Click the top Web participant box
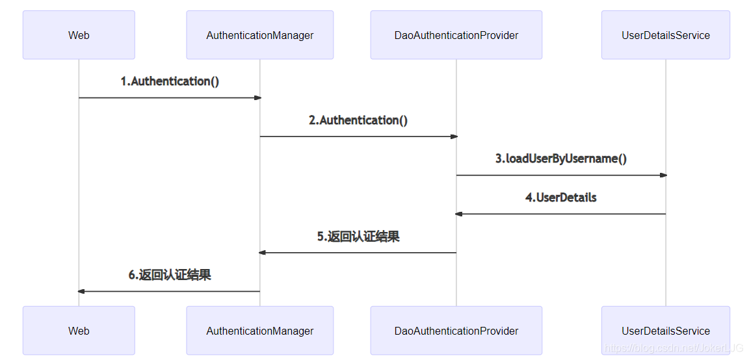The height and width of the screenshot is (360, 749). click(79, 35)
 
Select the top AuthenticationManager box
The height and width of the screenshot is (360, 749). click(259, 35)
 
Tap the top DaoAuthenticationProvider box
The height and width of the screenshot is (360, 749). click(456, 35)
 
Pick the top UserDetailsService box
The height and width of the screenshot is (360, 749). click(665, 35)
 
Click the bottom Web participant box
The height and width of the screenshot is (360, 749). click(79, 331)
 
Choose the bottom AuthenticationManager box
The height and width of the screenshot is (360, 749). click(259, 331)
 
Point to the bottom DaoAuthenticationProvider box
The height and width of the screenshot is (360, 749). click(456, 331)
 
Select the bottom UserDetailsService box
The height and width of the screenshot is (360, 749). click(665, 331)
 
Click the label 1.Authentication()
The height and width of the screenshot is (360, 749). click(170, 81)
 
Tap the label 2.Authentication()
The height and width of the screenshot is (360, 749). click(358, 120)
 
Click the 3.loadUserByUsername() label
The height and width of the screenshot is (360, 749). click(561, 159)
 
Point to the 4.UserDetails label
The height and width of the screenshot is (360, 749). click(560, 198)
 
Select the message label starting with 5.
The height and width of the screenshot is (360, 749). click(358, 237)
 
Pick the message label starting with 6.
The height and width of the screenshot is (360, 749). click(170, 275)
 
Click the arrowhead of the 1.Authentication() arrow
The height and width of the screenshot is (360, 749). click(257, 97)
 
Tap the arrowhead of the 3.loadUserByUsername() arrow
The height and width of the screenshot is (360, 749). click(663, 175)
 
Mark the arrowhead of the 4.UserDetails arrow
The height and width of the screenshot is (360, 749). click(459, 214)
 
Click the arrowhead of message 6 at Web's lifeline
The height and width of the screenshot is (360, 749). click(81, 291)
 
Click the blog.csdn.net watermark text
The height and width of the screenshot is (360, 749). click(673, 348)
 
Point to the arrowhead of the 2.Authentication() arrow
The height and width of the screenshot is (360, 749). click(454, 136)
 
